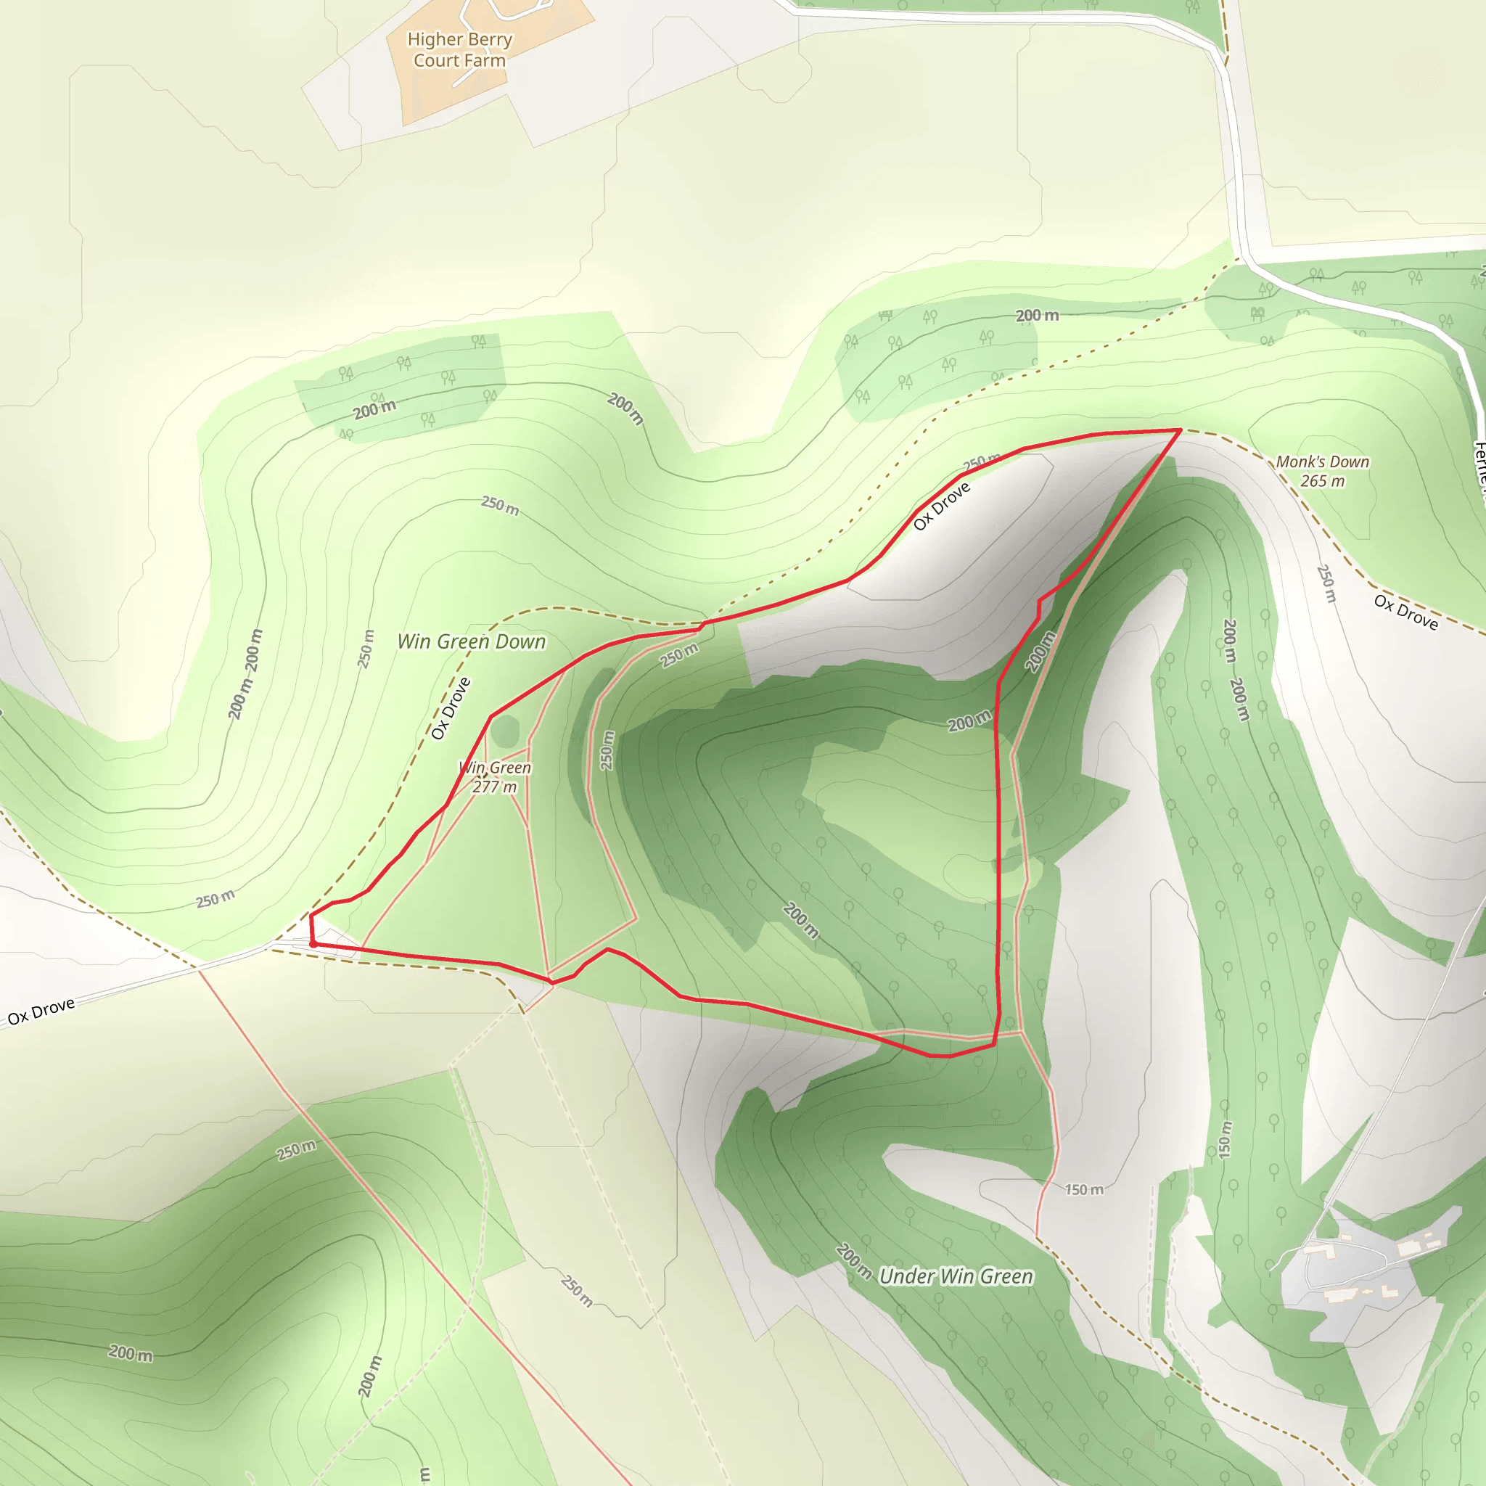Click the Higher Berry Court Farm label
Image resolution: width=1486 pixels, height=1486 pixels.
tap(459, 50)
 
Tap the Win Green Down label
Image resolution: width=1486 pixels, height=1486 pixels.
tap(471, 641)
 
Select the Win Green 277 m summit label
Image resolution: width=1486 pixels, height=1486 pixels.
tap(495, 777)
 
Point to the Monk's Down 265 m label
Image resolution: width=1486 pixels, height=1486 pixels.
tap(1322, 471)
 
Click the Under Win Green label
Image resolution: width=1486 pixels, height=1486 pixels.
tap(956, 1276)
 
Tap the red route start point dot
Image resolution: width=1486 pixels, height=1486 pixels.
tap(313, 944)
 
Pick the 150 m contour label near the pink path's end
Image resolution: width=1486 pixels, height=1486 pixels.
tap(1084, 1190)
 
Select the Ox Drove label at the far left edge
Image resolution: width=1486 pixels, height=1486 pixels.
tap(41, 1011)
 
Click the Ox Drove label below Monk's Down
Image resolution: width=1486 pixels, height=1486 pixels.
tap(1406, 612)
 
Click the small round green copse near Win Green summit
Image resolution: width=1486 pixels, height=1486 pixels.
tap(504, 731)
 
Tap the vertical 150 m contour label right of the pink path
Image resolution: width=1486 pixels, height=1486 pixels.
tap(1225, 1140)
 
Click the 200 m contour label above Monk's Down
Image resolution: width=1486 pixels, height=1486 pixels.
tap(1037, 316)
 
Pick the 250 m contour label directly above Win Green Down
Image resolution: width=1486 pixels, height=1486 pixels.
tap(500, 505)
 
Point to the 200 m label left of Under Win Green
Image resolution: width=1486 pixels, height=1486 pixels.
tap(853, 1261)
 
